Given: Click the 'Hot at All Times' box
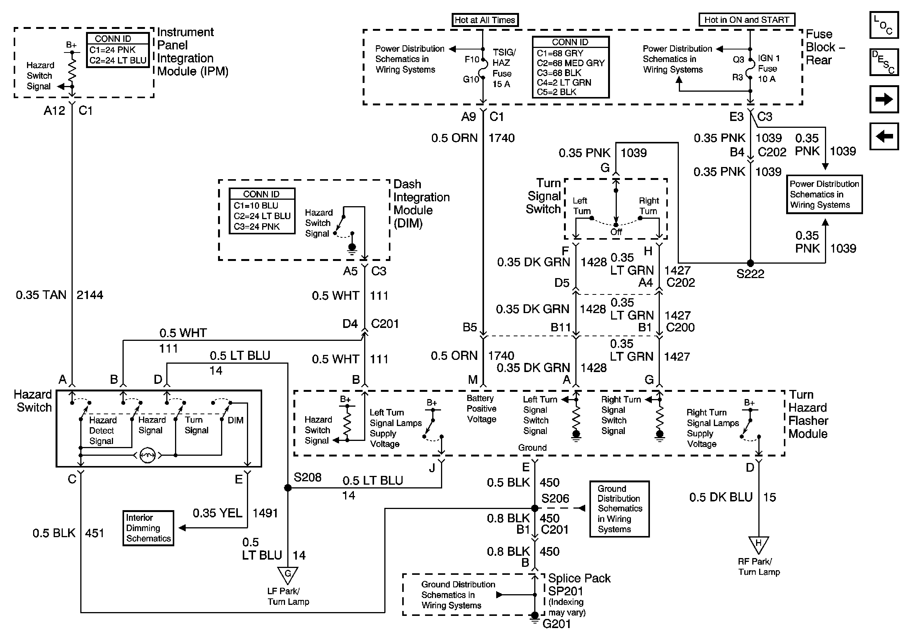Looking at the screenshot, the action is [485, 20].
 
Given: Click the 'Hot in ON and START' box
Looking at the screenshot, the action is [747, 20].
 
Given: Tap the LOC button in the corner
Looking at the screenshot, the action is [884, 25].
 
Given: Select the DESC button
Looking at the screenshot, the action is [884, 62].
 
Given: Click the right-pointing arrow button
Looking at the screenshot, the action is [884, 99].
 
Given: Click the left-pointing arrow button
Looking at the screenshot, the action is [884, 136].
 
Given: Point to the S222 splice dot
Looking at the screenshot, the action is [750, 263].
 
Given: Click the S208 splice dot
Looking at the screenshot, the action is [287, 488].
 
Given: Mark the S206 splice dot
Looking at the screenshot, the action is [535, 508].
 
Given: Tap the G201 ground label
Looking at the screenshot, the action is [557, 624].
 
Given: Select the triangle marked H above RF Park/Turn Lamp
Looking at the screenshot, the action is [758, 545].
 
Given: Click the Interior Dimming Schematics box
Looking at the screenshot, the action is [148, 528].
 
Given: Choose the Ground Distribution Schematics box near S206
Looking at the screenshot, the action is [619, 509].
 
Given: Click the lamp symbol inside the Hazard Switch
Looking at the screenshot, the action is [148, 455].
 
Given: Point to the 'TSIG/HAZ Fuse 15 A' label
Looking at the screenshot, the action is [503, 68].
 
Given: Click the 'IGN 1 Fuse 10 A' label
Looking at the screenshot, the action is [769, 68].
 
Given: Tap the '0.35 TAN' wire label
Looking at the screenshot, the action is [41, 295].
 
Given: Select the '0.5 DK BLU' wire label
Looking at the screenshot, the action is [721, 497].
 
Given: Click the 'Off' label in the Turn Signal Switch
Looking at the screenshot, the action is [616, 232].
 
